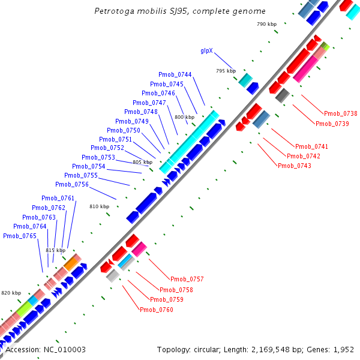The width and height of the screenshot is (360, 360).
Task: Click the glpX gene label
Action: tap(207, 51)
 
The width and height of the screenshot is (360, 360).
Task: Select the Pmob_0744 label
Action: tap(175, 74)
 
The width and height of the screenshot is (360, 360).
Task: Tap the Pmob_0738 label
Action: tap(340, 113)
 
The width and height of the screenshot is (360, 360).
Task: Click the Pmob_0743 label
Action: tap(294, 166)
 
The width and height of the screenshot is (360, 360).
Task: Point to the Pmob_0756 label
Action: tap(72, 184)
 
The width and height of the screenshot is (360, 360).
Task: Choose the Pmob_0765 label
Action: tap(20, 236)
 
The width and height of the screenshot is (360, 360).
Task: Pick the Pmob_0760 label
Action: tap(156, 310)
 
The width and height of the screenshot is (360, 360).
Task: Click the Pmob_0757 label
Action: tap(187, 280)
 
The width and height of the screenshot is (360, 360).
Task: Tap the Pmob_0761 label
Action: tap(58, 198)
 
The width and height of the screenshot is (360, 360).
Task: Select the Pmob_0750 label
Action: tap(124, 130)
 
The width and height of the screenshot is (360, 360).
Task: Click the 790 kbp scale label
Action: tap(266, 24)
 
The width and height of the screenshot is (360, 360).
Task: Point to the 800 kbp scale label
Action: tap(185, 117)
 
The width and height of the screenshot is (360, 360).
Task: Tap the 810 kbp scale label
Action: tap(100, 206)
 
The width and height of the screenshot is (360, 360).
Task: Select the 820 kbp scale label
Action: tap(11, 293)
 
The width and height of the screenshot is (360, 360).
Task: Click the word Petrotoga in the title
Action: tap(114, 11)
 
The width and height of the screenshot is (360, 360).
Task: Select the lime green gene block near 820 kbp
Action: tap(25, 310)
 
